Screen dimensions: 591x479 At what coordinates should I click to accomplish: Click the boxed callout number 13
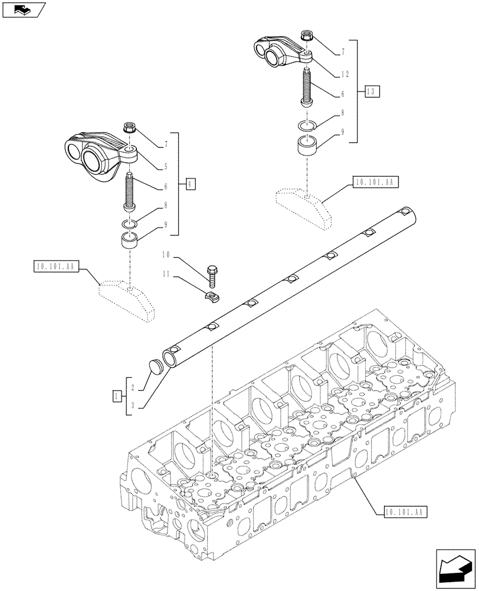coord(371,92)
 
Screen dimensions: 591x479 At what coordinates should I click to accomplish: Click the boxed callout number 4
coord(189,183)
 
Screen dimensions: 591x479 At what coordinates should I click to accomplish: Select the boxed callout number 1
coord(118,395)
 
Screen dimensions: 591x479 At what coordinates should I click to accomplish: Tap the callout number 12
coord(345,74)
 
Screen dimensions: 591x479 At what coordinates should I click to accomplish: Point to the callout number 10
coord(166,255)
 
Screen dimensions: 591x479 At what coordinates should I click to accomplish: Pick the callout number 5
coord(166,167)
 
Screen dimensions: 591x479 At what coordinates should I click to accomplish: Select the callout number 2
coord(134,387)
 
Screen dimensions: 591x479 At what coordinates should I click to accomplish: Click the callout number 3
coord(134,405)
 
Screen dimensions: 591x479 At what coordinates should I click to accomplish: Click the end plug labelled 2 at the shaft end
coord(156,366)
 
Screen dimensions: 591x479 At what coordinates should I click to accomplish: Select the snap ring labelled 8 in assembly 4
coord(129,223)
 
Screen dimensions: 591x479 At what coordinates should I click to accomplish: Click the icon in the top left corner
coord(23,9)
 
